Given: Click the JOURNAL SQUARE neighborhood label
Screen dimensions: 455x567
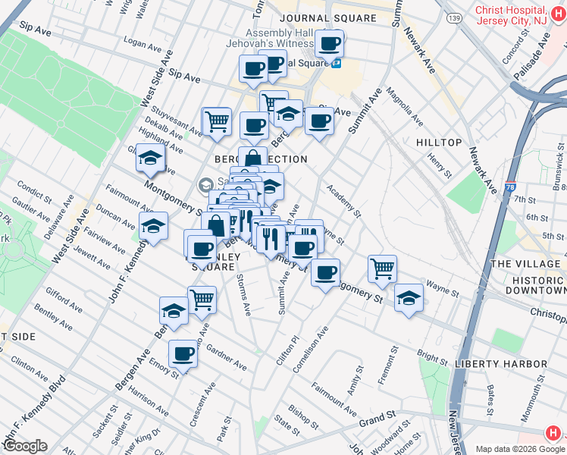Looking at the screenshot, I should pyautogui.click(x=327, y=17).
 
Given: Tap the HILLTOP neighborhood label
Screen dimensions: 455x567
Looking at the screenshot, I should pyautogui.click(x=439, y=143).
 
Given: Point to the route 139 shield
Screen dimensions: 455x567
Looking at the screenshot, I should pyautogui.click(x=454, y=17).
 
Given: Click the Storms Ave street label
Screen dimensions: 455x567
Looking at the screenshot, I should pyautogui.click(x=243, y=296).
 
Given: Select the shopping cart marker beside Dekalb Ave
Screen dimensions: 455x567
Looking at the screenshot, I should pyautogui.click(x=217, y=120).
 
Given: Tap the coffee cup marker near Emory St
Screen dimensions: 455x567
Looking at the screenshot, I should pyautogui.click(x=182, y=353).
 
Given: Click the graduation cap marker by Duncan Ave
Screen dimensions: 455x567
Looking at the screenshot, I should pyautogui.click(x=153, y=225).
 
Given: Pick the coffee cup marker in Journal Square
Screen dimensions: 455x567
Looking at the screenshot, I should pyautogui.click(x=329, y=44).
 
